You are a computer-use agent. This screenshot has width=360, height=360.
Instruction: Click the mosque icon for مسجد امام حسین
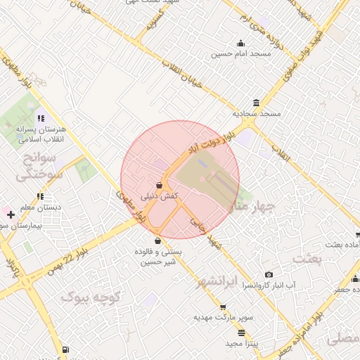pyautogui.click(x=240, y=43)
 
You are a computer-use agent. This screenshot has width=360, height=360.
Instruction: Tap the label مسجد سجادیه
pyautogui.click(x=257, y=113)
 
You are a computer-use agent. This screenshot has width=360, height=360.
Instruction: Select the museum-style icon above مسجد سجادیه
pyautogui.click(x=255, y=103)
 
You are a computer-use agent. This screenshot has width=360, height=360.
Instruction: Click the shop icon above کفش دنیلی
pyautogui.click(x=160, y=185)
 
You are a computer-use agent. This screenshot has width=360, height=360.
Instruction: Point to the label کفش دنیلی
pyautogui.click(x=159, y=196)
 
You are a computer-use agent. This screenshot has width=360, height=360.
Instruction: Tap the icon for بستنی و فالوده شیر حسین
pyautogui.click(x=157, y=240)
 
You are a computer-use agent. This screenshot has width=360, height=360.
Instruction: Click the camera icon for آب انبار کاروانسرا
pyautogui.click(x=269, y=274)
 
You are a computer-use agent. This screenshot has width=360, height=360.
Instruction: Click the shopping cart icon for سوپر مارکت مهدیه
pyautogui.click(x=223, y=307)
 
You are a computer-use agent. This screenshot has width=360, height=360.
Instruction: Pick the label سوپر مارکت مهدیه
pyautogui.click(x=221, y=318)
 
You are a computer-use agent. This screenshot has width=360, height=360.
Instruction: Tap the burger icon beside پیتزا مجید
pyautogui.click(x=241, y=333)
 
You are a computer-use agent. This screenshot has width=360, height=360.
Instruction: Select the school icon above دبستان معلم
pyautogui.click(x=41, y=196)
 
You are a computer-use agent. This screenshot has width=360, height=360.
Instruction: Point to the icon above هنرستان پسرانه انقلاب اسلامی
pyautogui.click(x=41, y=118)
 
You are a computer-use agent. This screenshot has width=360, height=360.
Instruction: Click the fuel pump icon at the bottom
pyautogui.click(x=65, y=349)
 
